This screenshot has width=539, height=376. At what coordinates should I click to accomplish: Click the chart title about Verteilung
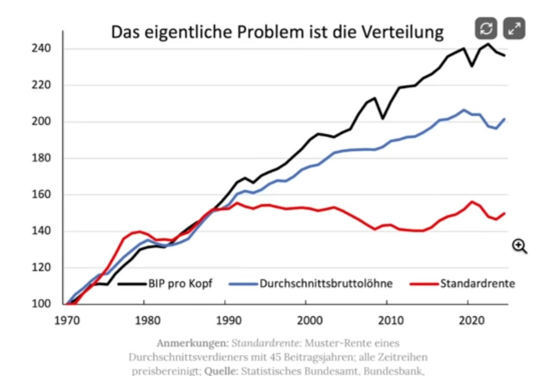[277, 32]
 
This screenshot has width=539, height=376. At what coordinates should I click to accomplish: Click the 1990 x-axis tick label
[227, 320]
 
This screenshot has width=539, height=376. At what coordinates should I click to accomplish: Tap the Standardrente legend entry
[477, 284]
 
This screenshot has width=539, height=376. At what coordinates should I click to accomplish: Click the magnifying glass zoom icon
[520, 247]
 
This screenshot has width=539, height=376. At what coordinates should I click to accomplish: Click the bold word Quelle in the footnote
[221, 371]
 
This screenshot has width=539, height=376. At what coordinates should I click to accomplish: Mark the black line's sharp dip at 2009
[383, 118]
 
